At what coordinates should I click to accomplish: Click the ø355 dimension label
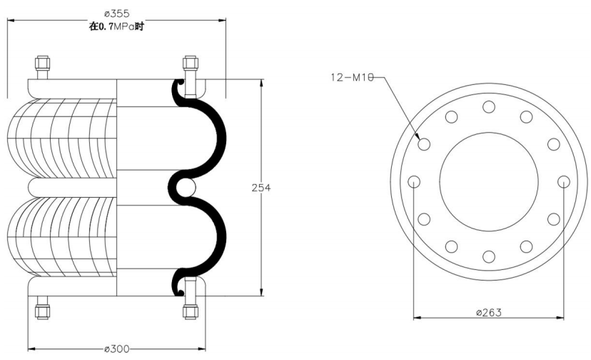(x=116, y=14)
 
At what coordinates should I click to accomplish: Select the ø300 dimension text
(x=116, y=349)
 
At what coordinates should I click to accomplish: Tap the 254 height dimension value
(x=261, y=188)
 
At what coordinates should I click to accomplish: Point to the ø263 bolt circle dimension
(x=489, y=312)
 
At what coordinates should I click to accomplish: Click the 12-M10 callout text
(x=352, y=77)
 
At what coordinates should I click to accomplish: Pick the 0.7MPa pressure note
(x=116, y=26)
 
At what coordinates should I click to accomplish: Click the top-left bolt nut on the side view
(x=43, y=63)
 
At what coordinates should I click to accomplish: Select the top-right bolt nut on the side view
(x=191, y=63)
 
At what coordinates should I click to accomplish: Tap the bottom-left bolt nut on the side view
(x=42, y=312)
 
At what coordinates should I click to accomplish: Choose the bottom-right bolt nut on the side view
(x=191, y=312)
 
